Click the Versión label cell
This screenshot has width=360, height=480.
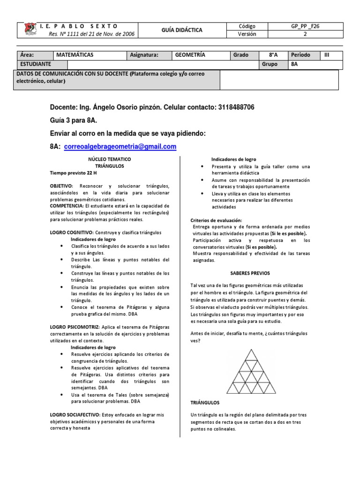coord(247,34)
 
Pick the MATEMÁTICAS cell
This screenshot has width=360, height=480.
coord(75,55)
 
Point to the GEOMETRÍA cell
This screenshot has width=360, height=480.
coord(190,55)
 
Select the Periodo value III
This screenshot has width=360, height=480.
coord(327,55)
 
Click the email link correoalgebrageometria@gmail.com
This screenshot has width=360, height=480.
coord(120,147)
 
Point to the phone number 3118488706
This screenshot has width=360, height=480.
coord(236,107)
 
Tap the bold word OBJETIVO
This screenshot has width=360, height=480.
coord(64,186)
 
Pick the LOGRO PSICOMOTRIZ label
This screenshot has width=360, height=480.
coord(71,326)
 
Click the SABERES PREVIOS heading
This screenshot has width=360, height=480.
coord(250,273)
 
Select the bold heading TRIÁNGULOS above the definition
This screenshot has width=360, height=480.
coord(205,402)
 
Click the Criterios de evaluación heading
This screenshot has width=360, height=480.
coord(216,220)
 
